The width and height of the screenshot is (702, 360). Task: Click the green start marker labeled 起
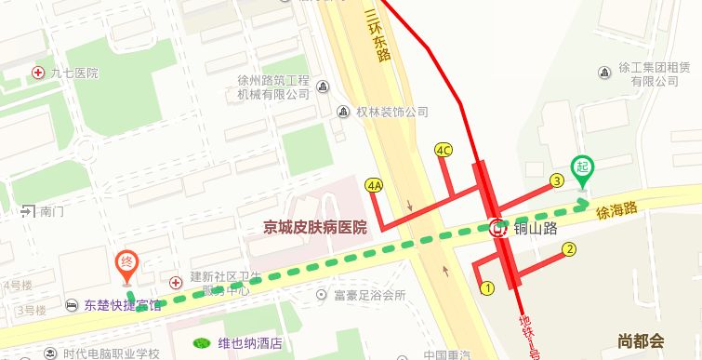(x=583, y=168)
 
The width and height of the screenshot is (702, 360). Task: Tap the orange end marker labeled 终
(x=127, y=263)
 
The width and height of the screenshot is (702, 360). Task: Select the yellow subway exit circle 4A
(x=376, y=185)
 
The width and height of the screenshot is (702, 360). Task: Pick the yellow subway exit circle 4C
(x=444, y=150)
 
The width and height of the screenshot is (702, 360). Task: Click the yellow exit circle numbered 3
(x=557, y=180)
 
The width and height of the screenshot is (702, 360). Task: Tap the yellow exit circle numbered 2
(x=570, y=248)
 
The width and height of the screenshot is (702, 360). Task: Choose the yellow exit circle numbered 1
(x=486, y=288)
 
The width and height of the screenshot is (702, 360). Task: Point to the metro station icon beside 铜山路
(x=498, y=227)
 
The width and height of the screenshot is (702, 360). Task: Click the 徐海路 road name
(x=616, y=210)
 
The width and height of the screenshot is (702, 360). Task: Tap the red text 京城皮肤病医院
(x=315, y=227)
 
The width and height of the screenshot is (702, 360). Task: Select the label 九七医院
(x=74, y=73)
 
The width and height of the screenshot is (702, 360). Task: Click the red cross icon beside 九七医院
(x=38, y=73)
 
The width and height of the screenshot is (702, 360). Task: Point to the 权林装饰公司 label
(x=391, y=112)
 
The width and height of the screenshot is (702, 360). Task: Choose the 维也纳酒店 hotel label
(x=249, y=342)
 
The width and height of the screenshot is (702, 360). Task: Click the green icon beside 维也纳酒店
(x=201, y=342)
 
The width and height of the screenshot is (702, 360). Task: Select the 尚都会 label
(x=642, y=340)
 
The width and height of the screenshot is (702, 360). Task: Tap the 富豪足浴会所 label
(x=368, y=296)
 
